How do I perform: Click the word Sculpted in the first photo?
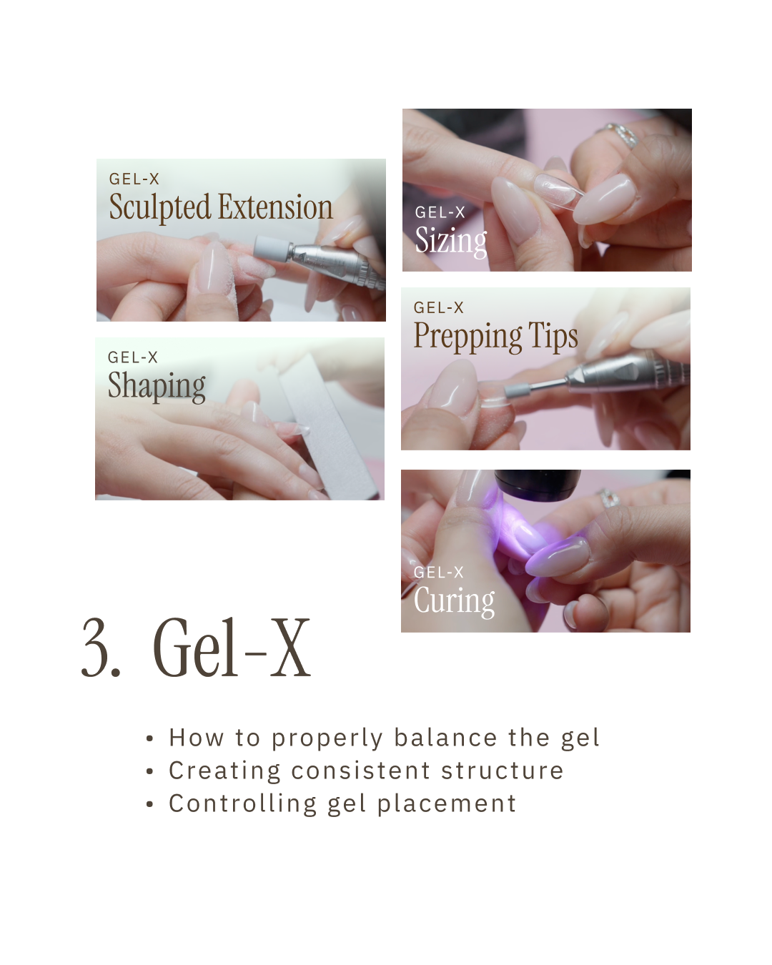point(159,207)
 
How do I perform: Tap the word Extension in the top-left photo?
point(275,207)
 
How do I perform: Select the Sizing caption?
point(451,242)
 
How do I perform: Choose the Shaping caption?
point(157,387)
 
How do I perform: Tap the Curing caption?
point(454,601)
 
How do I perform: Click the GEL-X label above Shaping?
point(133,357)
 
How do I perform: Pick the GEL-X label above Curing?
point(438,572)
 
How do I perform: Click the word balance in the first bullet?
point(446,738)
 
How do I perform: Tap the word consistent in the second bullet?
point(361,771)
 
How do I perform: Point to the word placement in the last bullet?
point(447,803)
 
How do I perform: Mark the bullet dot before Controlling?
point(150,804)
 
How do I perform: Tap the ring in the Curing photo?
point(609,498)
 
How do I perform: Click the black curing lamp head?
point(538,485)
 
